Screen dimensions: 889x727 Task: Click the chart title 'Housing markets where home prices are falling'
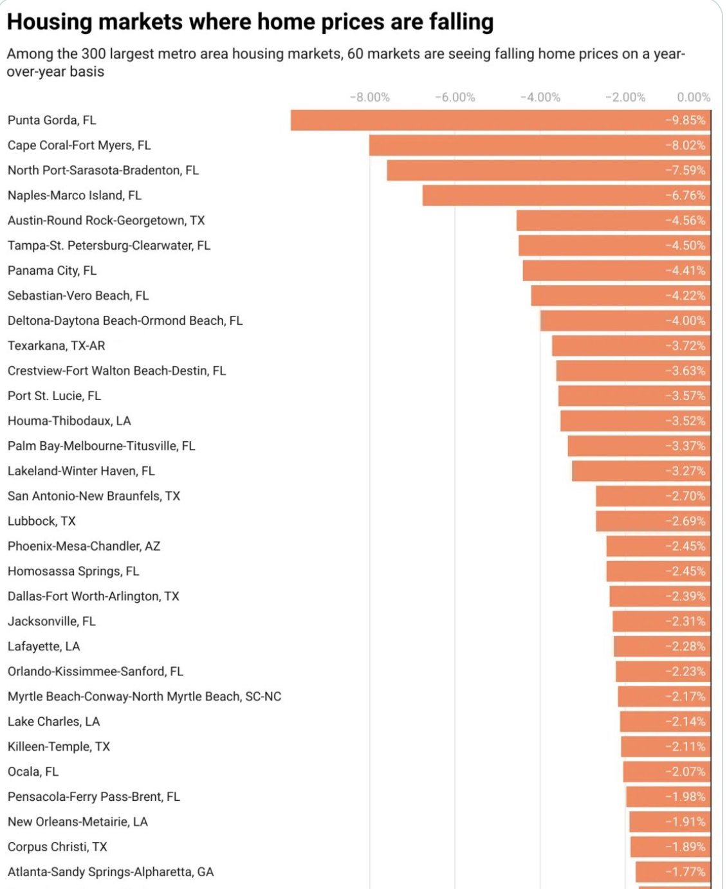pyautogui.click(x=250, y=22)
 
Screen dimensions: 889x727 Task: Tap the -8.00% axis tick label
pyautogui.click(x=369, y=97)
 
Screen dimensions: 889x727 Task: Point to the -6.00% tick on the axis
pyautogui.click(x=455, y=97)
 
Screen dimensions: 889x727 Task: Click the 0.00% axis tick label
pyautogui.click(x=693, y=97)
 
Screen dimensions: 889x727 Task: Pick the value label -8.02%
pyautogui.click(x=685, y=145)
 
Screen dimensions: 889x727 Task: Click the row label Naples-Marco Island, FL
pyautogui.click(x=75, y=196)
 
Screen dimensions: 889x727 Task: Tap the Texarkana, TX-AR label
pyautogui.click(x=57, y=346)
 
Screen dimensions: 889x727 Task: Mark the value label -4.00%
pyautogui.click(x=685, y=321)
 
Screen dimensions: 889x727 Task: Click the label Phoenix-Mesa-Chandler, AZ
pyautogui.click(x=84, y=547)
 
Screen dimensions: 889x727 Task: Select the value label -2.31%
pyautogui.click(x=685, y=622)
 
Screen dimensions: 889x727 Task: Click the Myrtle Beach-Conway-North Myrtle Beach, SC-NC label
pyautogui.click(x=145, y=697)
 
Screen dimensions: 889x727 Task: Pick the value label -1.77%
pyautogui.click(x=685, y=872)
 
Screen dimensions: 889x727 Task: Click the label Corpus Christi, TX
pyautogui.click(x=57, y=847)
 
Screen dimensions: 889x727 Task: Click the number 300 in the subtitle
pyautogui.click(x=93, y=54)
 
